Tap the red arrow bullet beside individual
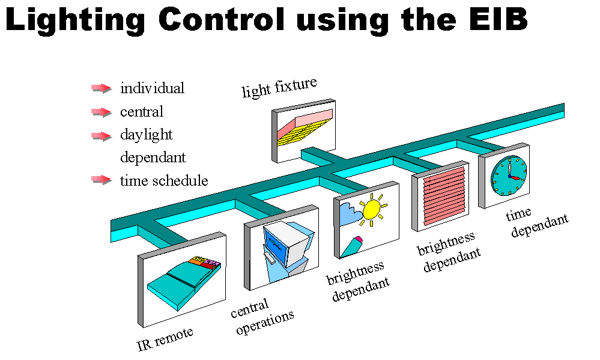(x=102, y=88)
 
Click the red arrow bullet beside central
(x=102, y=112)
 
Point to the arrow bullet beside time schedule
(x=102, y=179)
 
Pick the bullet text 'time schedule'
(x=164, y=180)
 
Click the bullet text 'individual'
(x=152, y=88)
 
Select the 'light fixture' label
(x=279, y=88)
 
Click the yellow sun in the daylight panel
(x=371, y=209)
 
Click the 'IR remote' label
(x=165, y=338)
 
